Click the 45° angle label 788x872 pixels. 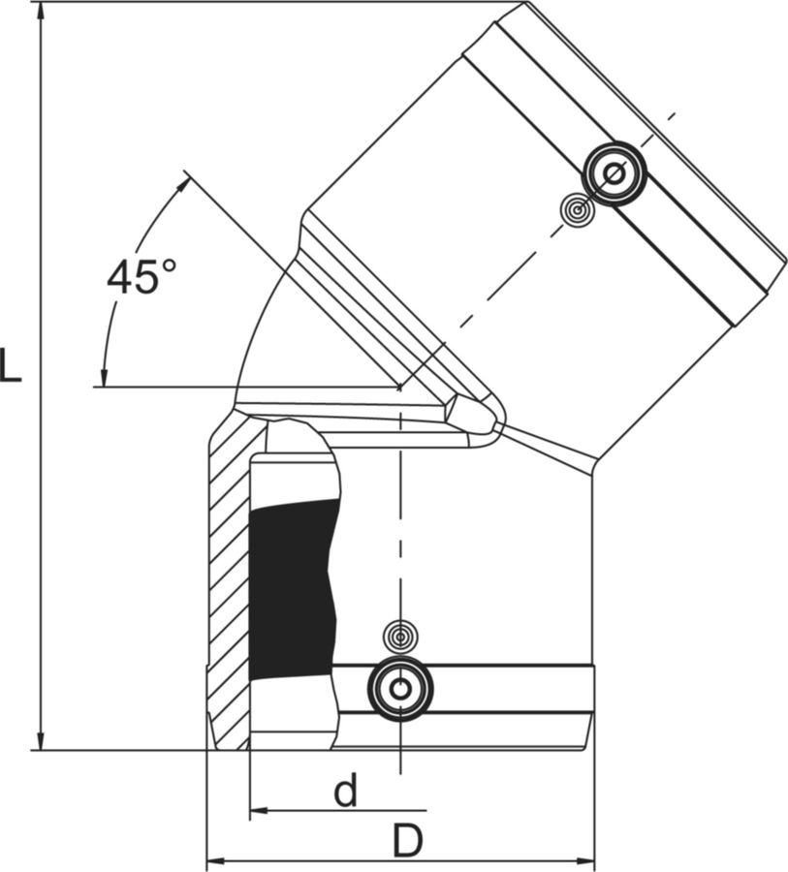pyautogui.click(x=142, y=276)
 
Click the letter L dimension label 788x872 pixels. pyautogui.click(x=10, y=365)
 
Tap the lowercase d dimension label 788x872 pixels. pyautogui.click(x=346, y=791)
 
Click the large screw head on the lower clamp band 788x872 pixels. pyautogui.click(x=400, y=690)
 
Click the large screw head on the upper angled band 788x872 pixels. pyautogui.click(x=615, y=173)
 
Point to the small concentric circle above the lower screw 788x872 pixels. pyautogui.click(x=400, y=635)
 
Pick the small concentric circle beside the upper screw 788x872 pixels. pyautogui.click(x=578, y=210)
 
